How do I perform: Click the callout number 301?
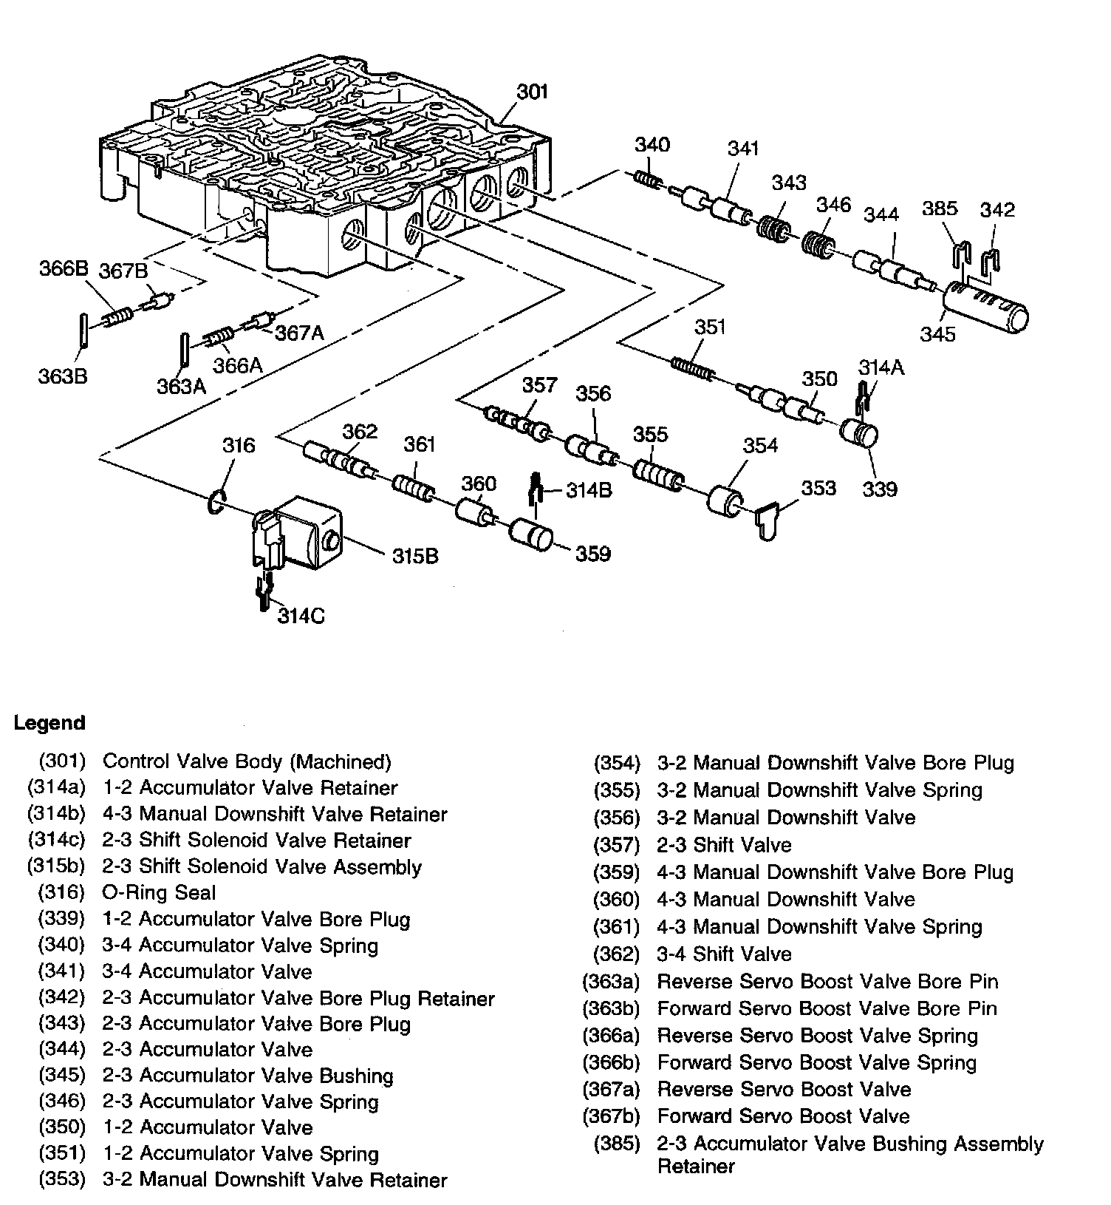[532, 92]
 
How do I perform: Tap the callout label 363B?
[63, 376]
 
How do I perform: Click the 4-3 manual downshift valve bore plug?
[530, 535]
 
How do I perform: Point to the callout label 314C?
[301, 615]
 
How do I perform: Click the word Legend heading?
[49, 723]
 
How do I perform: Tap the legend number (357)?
[617, 845]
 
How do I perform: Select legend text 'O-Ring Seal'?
[159, 893]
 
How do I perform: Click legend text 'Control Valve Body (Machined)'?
[247, 761]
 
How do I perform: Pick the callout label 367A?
[300, 333]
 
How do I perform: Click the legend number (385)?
[617, 1144]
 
